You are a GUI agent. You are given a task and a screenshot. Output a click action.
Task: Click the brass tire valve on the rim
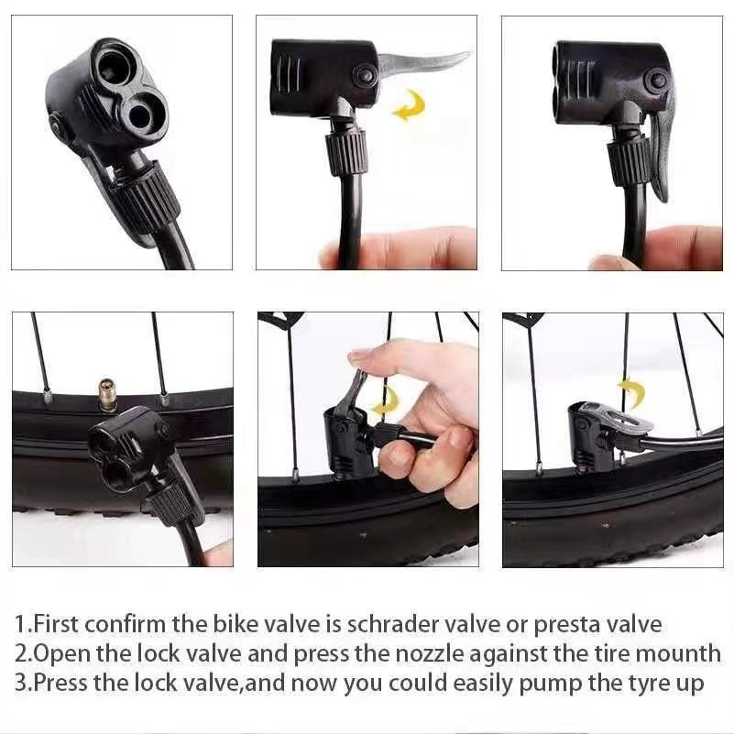pyautogui.click(x=107, y=394)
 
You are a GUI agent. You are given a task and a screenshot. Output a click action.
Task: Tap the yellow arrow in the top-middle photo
pyautogui.click(x=408, y=105)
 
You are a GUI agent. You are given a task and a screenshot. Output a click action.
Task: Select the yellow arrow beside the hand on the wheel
pyautogui.click(x=386, y=401)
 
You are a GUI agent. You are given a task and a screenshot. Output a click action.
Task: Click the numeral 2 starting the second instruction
pyautogui.click(x=21, y=654)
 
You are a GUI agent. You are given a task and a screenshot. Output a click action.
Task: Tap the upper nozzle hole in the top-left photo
pyautogui.click(x=113, y=66)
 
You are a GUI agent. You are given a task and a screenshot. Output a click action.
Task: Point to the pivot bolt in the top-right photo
pyautogui.click(x=655, y=80)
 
